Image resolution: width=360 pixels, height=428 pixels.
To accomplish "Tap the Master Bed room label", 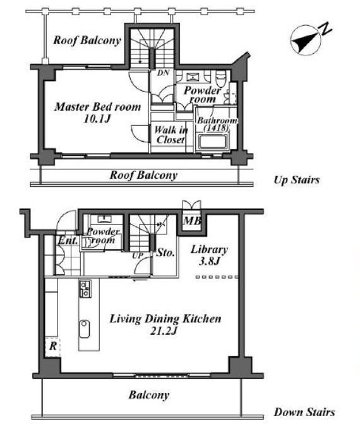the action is (98, 107).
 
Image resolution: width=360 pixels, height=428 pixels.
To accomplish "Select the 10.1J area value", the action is (97, 119).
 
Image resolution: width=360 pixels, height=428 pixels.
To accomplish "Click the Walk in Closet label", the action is (171, 135).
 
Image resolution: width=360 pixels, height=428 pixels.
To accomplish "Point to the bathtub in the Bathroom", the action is (213, 142).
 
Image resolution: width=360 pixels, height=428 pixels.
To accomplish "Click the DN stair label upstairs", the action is (163, 73).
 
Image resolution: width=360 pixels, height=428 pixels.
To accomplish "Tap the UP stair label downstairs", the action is (138, 256).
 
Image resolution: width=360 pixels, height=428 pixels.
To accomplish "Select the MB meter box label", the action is (192, 221).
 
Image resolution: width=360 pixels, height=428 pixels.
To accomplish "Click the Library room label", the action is (209, 249).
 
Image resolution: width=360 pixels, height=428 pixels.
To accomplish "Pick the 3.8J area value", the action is (209, 261).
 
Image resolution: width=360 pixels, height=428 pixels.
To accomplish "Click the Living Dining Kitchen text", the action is (165, 319).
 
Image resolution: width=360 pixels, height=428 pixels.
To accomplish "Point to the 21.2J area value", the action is (164, 331).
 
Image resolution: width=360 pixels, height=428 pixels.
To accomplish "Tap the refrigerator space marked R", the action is (52, 346).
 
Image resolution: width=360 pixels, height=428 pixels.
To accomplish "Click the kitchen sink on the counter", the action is (85, 329).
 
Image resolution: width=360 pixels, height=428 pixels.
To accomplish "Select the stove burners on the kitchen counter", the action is (85, 289).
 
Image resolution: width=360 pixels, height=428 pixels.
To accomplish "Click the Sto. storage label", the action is (165, 252).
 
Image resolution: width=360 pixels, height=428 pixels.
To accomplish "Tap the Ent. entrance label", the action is (68, 240).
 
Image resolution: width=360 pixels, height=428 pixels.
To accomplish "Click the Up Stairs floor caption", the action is (296, 180).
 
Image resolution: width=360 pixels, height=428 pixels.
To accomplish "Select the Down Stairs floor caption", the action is (304, 412).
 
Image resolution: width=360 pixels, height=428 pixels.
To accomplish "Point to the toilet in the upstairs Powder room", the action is (220, 78).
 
